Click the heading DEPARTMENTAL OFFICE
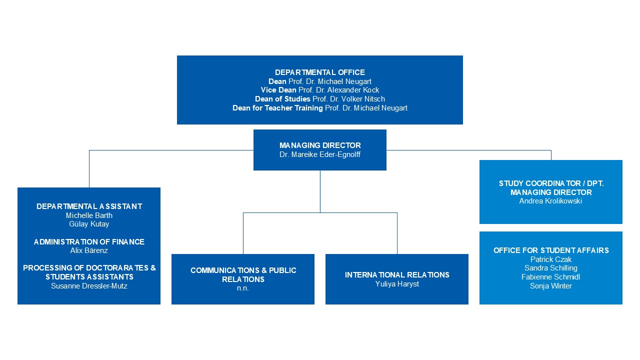point(319,72)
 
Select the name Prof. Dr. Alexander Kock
point(338,90)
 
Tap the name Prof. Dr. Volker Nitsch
point(348,99)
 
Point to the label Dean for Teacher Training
point(277,108)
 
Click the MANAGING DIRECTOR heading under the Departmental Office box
point(320,145)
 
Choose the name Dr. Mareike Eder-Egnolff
point(319,154)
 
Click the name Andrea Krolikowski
point(550,201)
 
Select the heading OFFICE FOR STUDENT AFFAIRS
point(551,250)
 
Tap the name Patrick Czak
point(551,259)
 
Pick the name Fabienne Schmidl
point(550,277)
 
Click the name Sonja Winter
point(551,285)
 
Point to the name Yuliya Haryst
point(397,284)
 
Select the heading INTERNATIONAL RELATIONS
point(397,275)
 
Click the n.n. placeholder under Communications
point(243,288)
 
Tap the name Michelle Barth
point(89,215)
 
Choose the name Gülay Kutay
point(89,224)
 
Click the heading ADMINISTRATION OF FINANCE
point(89,241)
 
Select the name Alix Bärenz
point(89,250)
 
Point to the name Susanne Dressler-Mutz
point(89,286)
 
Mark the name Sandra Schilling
point(551,268)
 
